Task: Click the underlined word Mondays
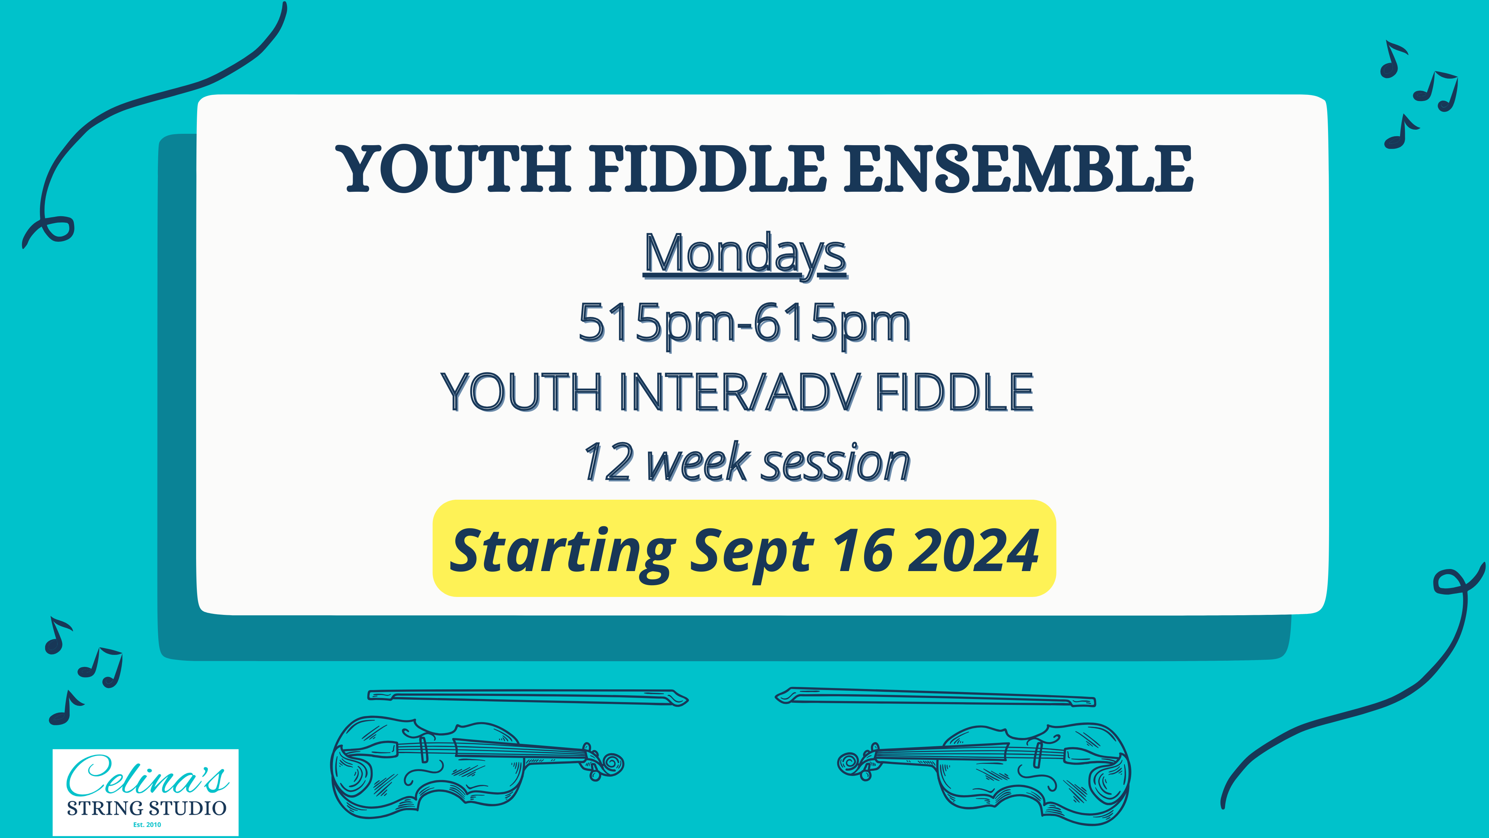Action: pos(745,255)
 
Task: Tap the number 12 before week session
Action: pos(607,463)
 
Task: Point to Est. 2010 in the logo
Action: pos(147,825)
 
